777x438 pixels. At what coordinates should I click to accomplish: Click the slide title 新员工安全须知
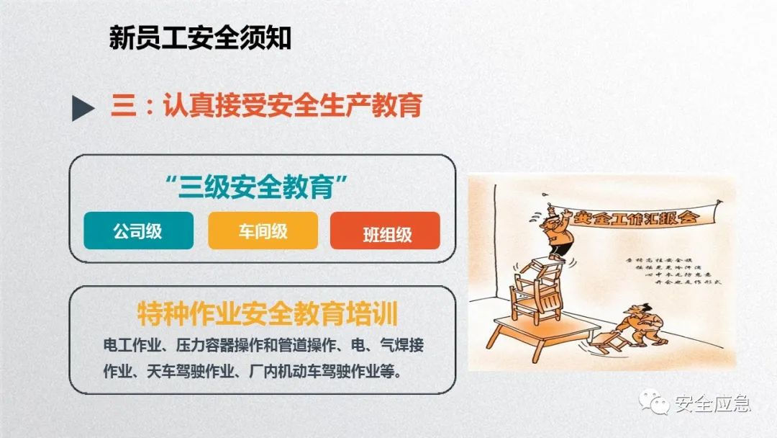[x=200, y=38]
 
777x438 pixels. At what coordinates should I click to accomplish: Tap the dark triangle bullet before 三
[x=83, y=108]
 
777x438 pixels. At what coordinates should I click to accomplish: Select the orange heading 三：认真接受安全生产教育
[x=265, y=107]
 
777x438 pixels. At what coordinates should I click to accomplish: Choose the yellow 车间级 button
[x=263, y=231]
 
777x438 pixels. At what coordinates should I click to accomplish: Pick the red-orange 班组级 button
[x=385, y=233]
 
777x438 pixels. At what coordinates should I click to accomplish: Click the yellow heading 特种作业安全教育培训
[x=268, y=315]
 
